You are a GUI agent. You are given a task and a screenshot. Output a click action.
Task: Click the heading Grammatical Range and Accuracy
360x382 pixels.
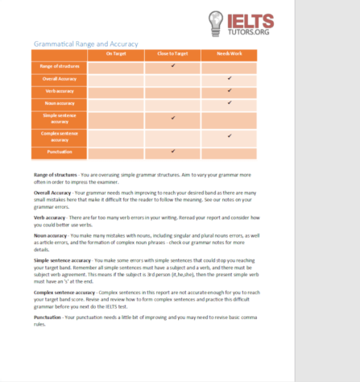(x=85, y=44)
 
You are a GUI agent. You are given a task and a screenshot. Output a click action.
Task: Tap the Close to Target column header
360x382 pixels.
(x=172, y=54)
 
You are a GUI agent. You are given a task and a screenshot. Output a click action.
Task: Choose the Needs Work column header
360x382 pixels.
(x=229, y=54)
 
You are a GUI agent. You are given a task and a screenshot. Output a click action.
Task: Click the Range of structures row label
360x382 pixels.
(x=60, y=66)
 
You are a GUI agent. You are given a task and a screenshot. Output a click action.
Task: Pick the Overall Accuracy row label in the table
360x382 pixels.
(x=60, y=79)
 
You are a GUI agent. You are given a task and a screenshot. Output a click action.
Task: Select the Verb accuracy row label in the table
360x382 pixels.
(x=60, y=91)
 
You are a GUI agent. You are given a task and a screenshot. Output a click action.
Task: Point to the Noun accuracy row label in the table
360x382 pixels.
(x=60, y=103)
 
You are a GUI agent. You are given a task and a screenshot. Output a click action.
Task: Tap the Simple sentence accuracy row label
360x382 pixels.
(x=60, y=119)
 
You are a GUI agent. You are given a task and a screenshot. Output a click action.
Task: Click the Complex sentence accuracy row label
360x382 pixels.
(x=60, y=137)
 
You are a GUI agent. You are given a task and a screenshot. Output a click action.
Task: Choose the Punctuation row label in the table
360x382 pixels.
(x=60, y=152)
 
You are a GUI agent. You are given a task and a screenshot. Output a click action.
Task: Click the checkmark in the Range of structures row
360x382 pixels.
(x=172, y=65)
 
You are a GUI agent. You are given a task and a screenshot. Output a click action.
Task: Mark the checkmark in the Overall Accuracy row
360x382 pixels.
(x=230, y=78)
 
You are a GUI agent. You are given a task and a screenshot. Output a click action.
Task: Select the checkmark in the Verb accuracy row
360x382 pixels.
(x=230, y=90)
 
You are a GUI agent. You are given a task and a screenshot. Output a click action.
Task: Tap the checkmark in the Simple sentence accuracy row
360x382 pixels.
(x=172, y=118)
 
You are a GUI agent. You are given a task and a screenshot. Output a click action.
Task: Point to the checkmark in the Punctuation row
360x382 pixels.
(x=172, y=151)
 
